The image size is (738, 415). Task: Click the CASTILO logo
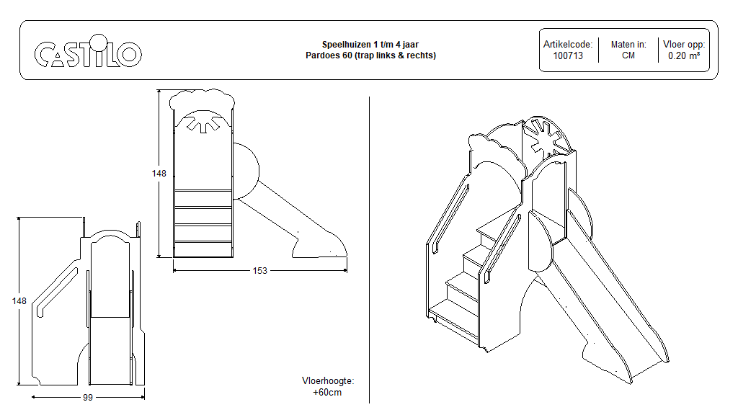(x=88, y=53)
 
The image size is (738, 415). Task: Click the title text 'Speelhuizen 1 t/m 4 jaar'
(x=370, y=45)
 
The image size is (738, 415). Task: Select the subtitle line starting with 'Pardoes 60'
(x=370, y=55)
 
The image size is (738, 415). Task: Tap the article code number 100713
(x=568, y=55)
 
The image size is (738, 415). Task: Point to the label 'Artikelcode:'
(x=568, y=45)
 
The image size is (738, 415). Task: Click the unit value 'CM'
(x=628, y=55)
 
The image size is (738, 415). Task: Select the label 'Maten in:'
(x=628, y=45)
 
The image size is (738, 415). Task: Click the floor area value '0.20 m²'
(x=684, y=55)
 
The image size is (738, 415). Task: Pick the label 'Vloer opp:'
(x=684, y=45)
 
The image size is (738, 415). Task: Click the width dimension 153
(x=259, y=271)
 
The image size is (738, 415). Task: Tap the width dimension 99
(x=88, y=397)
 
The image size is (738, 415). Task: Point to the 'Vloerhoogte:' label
(x=328, y=381)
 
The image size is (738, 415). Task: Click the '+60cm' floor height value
(x=327, y=393)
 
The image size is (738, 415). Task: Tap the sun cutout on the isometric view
(x=546, y=137)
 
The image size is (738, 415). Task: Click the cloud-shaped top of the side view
(x=202, y=99)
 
